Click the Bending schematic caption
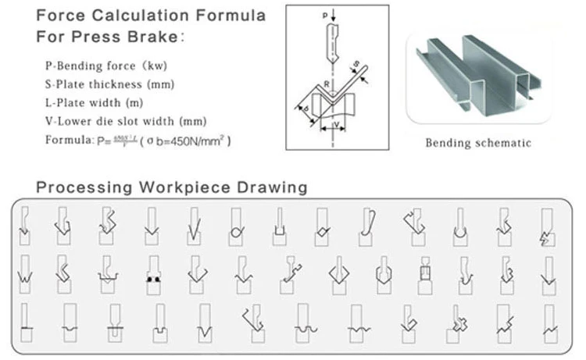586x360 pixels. point(478,143)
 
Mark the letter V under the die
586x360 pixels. point(337,123)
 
